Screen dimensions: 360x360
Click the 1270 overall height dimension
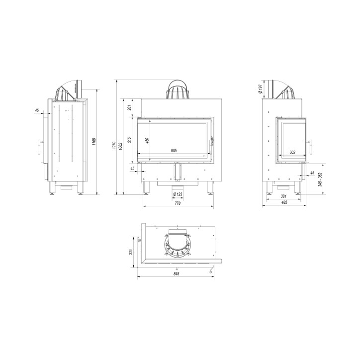(113, 145)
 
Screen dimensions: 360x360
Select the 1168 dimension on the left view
(94, 142)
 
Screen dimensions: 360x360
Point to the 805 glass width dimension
(174, 151)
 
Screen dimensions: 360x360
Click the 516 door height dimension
(129, 140)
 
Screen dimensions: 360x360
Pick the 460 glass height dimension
(147, 141)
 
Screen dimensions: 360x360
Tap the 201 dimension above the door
(129, 107)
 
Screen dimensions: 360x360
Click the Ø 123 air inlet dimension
(178, 194)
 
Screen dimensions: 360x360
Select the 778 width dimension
(178, 203)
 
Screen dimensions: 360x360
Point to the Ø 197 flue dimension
(261, 89)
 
